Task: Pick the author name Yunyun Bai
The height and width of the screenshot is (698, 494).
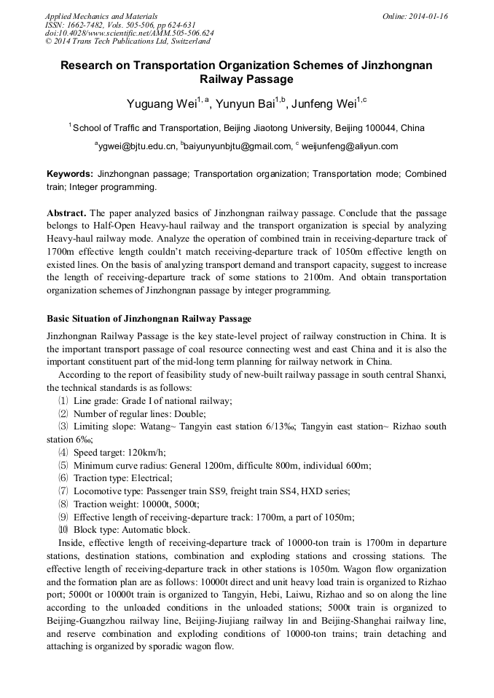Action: pos(246,104)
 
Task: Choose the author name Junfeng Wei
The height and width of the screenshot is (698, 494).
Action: pos(326,104)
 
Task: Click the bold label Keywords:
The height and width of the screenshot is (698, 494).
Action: pos(70,175)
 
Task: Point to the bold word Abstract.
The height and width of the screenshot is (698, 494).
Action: pos(66,214)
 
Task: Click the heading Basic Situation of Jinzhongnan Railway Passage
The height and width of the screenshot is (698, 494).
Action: pos(149,319)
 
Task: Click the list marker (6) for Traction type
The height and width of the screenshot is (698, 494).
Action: pos(63,478)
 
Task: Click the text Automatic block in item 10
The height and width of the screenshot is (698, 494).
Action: pos(155,530)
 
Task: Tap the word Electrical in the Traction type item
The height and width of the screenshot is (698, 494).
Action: pos(150,478)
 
